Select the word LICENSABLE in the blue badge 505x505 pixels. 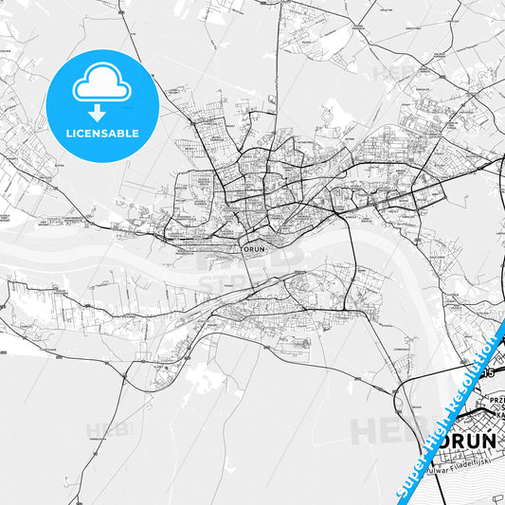tap(102, 132)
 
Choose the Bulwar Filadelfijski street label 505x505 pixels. tap(460, 469)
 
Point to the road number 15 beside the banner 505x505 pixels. tap(489, 374)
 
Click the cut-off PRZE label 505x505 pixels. tap(496, 400)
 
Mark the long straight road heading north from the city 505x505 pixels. tap(278, 57)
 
